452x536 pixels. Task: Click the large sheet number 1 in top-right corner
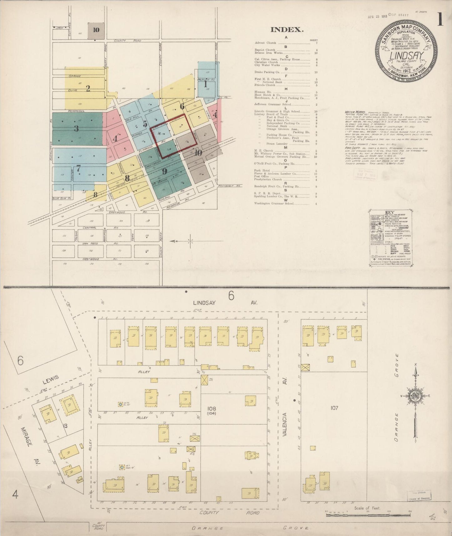pos(440,19)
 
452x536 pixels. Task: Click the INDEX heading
pos(287,30)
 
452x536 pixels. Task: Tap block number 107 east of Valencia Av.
pos(334,408)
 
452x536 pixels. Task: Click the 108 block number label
pos(211,409)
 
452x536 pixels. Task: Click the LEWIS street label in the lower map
pos(51,378)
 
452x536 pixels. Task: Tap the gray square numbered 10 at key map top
pos(96,30)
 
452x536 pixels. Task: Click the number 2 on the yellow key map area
pos(88,88)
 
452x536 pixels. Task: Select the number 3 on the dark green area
pos(76,128)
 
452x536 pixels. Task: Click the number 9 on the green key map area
pos(165,171)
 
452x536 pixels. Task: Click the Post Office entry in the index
pos(262,176)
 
